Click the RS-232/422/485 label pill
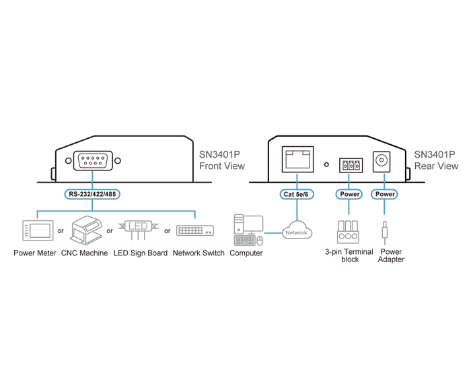coord(92,194)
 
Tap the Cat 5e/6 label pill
coord(297,194)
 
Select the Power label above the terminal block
coord(349,194)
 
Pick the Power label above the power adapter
coord(384,194)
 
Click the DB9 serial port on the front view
coord(93,160)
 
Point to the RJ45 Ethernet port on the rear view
coord(297,159)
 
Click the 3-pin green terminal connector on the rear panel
coord(351,165)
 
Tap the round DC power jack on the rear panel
coord(382,162)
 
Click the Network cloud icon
coord(297,230)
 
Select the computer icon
coord(248,230)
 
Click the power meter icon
coord(38,230)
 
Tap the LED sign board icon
coord(138,230)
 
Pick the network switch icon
coord(195,230)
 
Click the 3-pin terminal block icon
coord(348,232)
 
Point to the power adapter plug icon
coord(384,233)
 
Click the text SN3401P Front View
coord(221,160)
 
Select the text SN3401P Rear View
coord(436,160)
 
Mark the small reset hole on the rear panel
coord(326,164)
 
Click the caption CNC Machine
coord(84,253)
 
